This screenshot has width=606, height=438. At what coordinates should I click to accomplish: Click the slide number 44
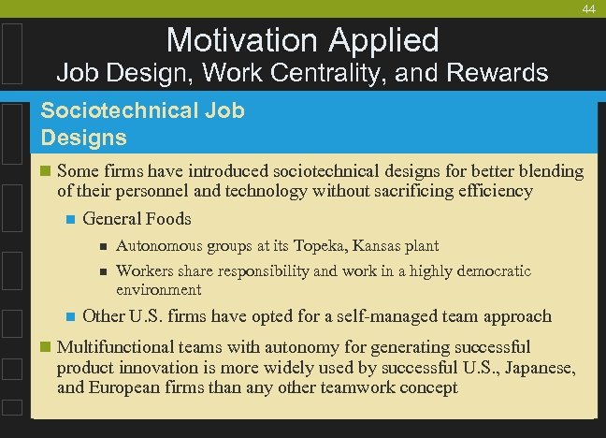[x=588, y=8]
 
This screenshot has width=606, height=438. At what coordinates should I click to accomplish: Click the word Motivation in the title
[x=241, y=39]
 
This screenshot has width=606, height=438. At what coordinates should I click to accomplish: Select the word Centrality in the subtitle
[x=317, y=72]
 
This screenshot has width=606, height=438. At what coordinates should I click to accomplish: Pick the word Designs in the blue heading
[x=84, y=138]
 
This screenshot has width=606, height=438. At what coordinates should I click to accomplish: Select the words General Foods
[x=137, y=219]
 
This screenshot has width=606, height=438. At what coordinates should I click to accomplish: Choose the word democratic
[x=492, y=271]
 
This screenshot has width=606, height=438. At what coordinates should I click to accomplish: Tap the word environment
[x=158, y=290]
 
